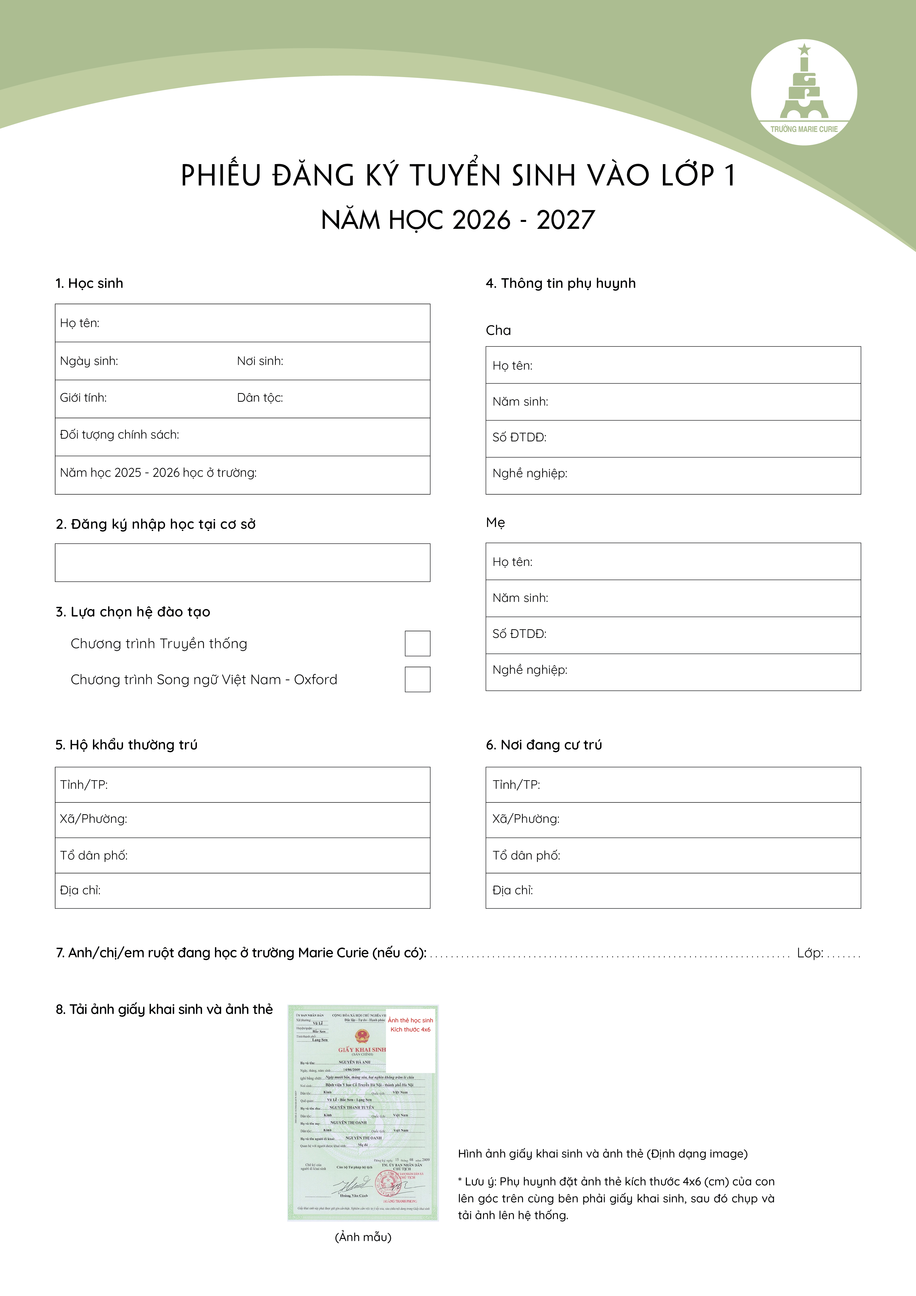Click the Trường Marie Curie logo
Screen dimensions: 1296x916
[804, 92]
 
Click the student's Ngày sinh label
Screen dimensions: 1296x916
[89, 361]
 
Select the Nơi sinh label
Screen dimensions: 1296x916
[260, 361]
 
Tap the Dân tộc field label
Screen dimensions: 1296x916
[260, 398]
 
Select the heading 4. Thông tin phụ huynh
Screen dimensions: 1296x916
[560, 283]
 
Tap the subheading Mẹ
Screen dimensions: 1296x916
[495, 523]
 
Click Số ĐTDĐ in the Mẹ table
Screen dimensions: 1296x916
[519, 634]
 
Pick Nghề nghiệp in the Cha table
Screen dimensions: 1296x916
[529, 474]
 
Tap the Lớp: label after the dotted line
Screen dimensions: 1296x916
[809, 953]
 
